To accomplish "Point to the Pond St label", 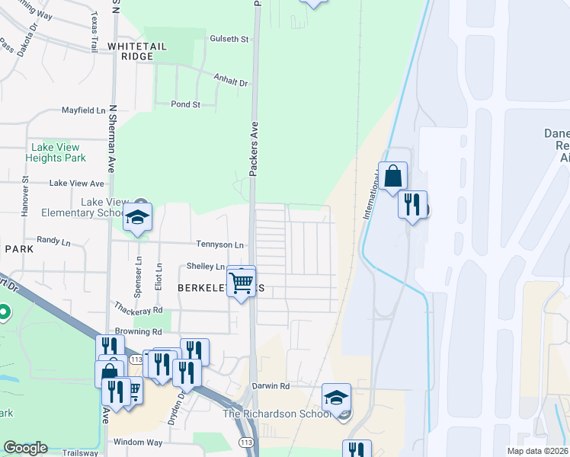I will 185,104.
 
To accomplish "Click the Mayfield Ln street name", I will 83,110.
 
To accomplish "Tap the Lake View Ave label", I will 76,184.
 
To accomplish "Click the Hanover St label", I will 24,201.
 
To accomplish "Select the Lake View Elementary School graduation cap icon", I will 138,217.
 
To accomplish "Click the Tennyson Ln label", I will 220,245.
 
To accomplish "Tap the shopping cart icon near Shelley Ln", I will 242,282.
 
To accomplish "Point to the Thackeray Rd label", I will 138,311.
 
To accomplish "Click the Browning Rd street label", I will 138,332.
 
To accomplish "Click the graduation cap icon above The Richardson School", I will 335,397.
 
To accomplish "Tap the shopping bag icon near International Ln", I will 392,177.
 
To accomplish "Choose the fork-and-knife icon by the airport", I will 412,204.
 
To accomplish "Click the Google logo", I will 25,448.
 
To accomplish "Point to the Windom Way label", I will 138,442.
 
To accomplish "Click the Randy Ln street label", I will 53,240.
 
